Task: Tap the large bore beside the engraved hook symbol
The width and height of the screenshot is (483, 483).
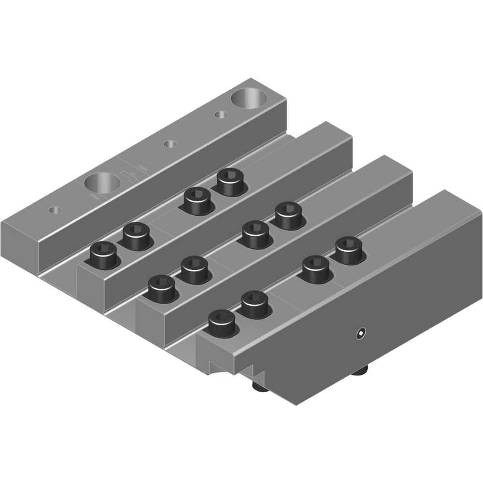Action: [x=102, y=184]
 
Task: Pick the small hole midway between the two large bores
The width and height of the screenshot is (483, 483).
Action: [x=169, y=144]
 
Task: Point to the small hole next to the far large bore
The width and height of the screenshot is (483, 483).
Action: [x=221, y=115]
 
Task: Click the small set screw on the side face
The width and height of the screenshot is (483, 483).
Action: [x=361, y=333]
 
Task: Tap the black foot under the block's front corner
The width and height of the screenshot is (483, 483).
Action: [x=259, y=387]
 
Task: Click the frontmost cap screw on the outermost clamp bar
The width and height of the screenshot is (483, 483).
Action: [x=222, y=323]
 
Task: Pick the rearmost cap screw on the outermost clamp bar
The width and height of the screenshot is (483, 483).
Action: [x=349, y=249]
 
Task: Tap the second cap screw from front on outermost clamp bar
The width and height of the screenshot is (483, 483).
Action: [x=255, y=304]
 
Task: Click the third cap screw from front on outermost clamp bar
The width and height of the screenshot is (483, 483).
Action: [x=316, y=268]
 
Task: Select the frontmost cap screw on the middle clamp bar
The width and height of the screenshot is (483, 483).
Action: [x=161, y=289]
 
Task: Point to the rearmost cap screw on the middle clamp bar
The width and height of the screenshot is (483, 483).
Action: [x=289, y=214]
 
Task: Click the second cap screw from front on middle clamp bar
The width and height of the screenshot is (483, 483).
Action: [x=194, y=269]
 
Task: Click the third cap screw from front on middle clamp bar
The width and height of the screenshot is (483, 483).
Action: [x=256, y=234]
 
